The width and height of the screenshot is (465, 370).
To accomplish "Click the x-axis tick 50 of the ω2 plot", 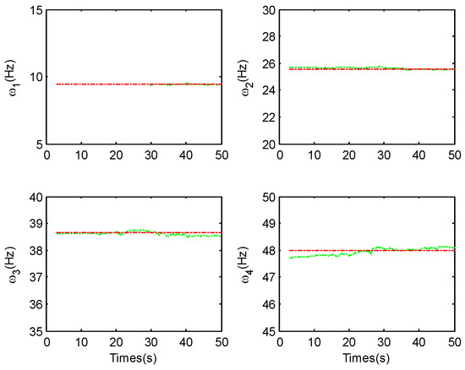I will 453,155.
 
